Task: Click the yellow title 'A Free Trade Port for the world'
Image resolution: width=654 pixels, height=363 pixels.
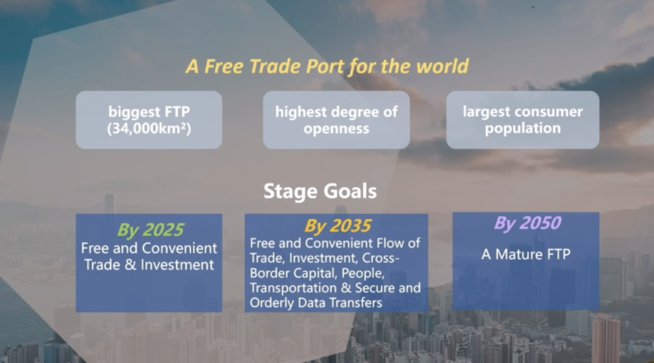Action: [x=328, y=66]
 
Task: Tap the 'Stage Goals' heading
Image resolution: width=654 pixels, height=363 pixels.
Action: [x=321, y=192]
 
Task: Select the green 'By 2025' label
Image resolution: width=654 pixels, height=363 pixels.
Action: [x=150, y=230]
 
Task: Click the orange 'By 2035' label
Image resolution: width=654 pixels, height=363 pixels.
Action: [x=337, y=226]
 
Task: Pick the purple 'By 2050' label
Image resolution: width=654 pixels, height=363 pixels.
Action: [x=527, y=223]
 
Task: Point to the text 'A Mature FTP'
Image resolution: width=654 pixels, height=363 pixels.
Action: [x=526, y=254]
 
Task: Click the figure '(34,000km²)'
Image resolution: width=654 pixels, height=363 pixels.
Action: [x=149, y=128]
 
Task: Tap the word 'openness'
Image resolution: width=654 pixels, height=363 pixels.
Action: [x=336, y=128]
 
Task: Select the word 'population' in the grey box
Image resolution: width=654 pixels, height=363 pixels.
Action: [x=522, y=128]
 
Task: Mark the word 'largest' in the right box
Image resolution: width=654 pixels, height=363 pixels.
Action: [x=486, y=112]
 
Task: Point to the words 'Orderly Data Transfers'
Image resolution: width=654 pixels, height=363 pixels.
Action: [x=316, y=303]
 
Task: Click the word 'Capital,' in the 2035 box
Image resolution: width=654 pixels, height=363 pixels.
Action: [x=316, y=274]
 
